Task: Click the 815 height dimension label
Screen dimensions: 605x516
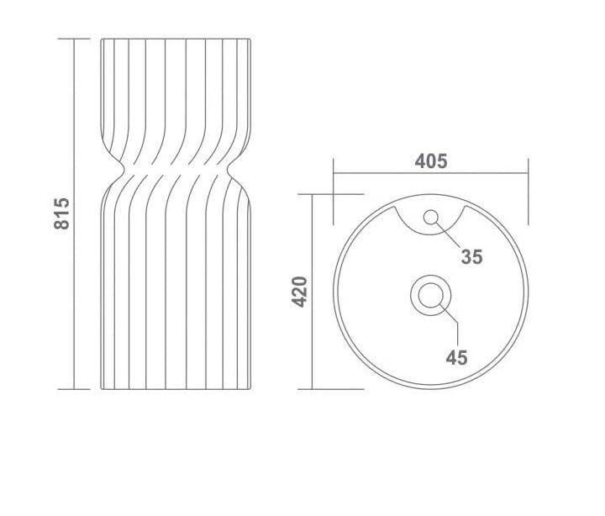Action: tap(61, 213)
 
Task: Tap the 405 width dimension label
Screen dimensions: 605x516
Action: tap(431, 161)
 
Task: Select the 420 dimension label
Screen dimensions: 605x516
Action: tap(299, 292)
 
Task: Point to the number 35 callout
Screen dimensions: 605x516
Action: tap(472, 257)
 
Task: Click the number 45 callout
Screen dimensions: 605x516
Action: tap(456, 357)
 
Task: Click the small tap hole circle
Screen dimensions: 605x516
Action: tap(430, 218)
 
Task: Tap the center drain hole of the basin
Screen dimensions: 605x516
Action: tap(430, 295)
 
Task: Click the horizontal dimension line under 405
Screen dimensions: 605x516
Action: tap(430, 173)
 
